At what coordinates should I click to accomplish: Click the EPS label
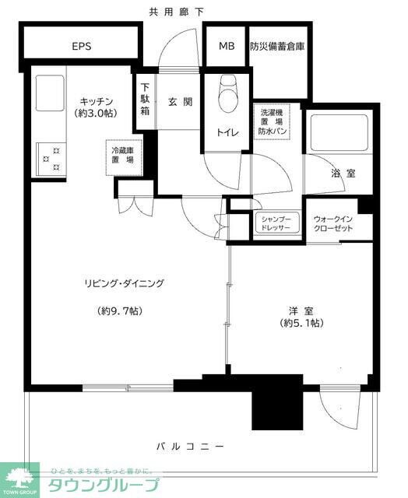[82, 46]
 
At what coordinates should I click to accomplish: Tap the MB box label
[226, 46]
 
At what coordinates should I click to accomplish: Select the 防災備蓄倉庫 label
[277, 46]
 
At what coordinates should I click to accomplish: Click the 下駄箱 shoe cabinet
[146, 100]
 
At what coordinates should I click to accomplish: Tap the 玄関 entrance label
[179, 102]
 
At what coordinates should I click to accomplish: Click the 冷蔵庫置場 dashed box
[122, 154]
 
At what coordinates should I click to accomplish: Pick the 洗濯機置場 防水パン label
[273, 122]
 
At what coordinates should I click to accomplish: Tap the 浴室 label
[343, 174]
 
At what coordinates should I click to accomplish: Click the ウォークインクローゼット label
[332, 223]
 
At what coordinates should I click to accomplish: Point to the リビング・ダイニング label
[125, 283]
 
